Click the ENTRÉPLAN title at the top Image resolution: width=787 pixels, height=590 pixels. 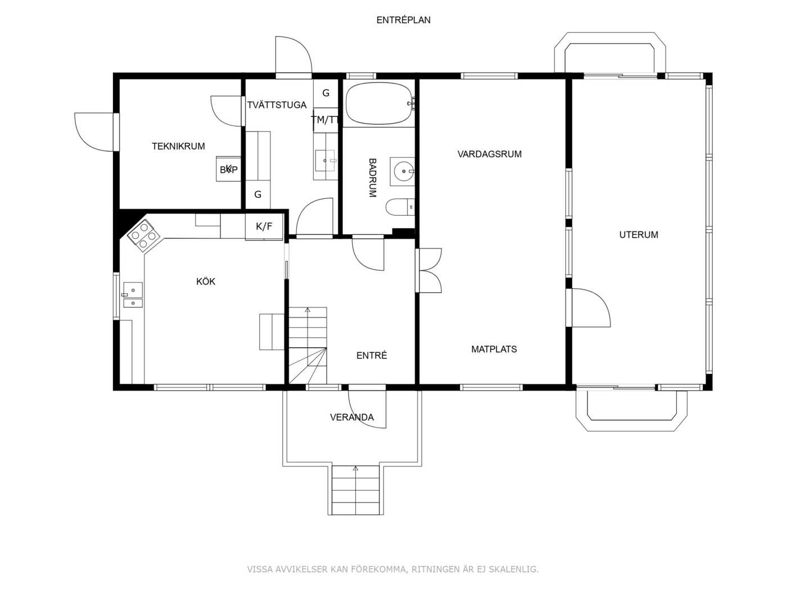[403, 20]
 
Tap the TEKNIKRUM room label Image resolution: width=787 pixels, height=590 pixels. [178, 146]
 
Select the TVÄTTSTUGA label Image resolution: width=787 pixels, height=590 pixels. [277, 105]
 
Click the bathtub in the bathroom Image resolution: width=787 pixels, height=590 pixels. [378, 104]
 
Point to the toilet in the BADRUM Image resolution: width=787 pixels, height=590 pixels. [400, 207]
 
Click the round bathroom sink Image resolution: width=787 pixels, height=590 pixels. [404, 171]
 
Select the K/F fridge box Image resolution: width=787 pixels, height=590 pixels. [264, 226]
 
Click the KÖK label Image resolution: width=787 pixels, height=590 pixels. [206, 282]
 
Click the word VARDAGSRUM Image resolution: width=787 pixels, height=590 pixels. [489, 154]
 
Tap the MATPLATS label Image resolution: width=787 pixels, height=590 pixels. [494, 349]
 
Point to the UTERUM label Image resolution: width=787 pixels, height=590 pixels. [639, 235]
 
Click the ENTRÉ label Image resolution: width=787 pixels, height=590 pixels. [372, 355]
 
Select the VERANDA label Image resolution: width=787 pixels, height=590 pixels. [352, 417]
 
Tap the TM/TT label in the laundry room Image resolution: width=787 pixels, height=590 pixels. [325, 120]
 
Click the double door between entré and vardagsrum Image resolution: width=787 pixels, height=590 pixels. [429, 270]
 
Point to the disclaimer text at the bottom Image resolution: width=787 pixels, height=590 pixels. [393, 569]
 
